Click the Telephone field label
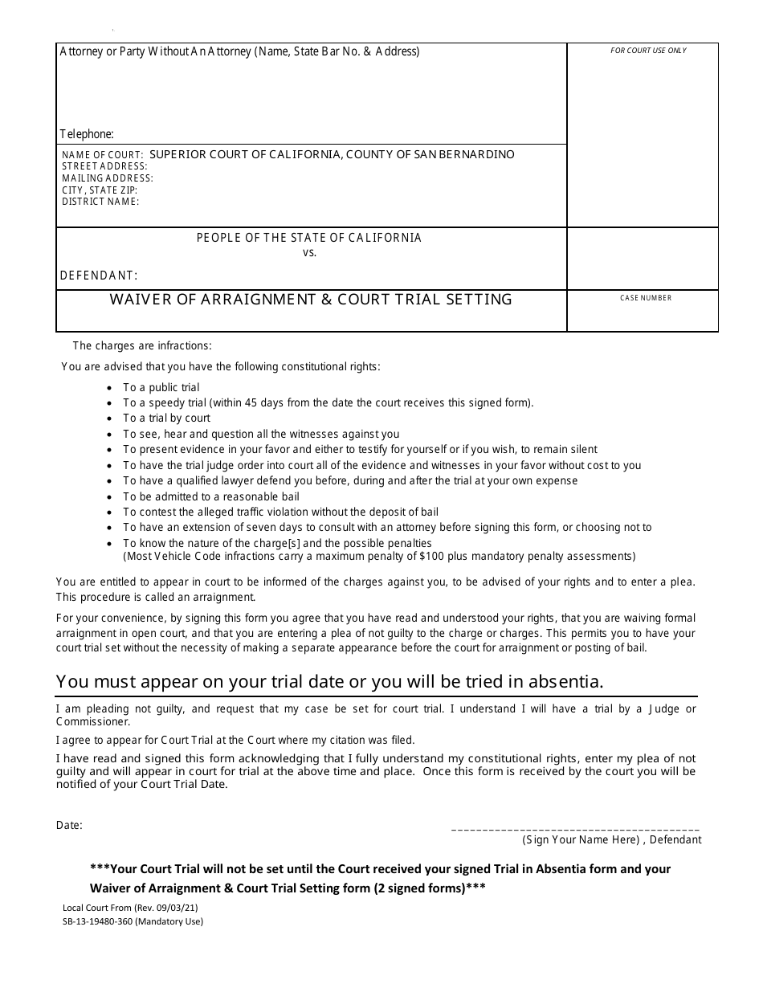(x=87, y=134)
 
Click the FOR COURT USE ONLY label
(x=648, y=51)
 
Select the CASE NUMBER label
(x=646, y=298)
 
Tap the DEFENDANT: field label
(x=99, y=276)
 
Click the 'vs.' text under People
(x=309, y=252)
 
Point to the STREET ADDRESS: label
(x=104, y=166)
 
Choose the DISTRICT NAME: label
(x=100, y=202)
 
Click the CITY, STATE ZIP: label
(x=100, y=190)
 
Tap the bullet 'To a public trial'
(x=161, y=387)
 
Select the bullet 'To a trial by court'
(x=166, y=418)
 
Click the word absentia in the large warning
(x=568, y=682)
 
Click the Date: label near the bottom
(x=69, y=825)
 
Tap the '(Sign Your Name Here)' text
(x=581, y=839)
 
